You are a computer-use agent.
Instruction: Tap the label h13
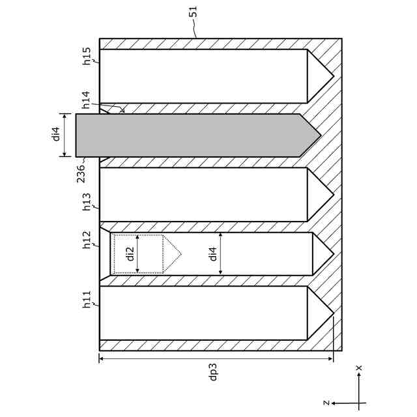tap(87, 203)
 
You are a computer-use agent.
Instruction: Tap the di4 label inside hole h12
tap(212, 253)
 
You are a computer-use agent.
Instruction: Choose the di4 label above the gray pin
tap(56, 135)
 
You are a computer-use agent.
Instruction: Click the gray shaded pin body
tap(189, 135)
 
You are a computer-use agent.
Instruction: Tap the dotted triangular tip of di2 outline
tap(171, 253)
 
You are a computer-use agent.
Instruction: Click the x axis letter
tap(359, 368)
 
